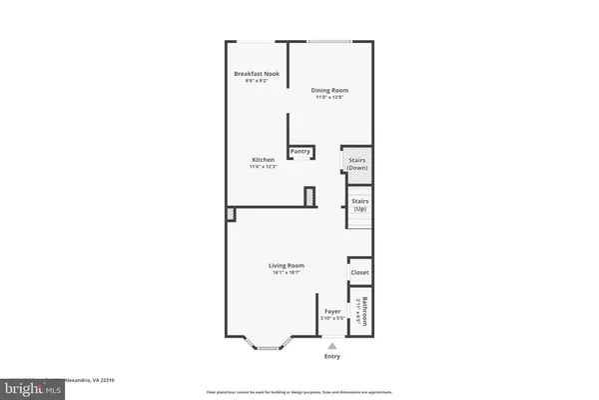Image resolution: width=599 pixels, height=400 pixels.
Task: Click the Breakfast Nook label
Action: pyautogui.click(x=257, y=74)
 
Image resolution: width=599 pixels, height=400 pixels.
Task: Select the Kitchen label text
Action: pyautogui.click(x=263, y=159)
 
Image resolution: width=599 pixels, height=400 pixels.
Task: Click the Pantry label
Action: pyautogui.click(x=300, y=152)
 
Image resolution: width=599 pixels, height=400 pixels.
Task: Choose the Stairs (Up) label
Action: pyautogui.click(x=359, y=204)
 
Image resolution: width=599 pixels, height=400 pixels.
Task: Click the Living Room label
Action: pyautogui.click(x=286, y=265)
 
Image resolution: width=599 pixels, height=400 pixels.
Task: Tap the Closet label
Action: pyautogui.click(x=359, y=272)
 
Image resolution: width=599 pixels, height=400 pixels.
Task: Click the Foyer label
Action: pyautogui.click(x=331, y=311)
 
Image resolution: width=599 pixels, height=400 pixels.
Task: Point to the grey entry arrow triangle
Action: pyautogui.click(x=331, y=346)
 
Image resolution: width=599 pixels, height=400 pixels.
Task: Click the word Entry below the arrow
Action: pyautogui.click(x=331, y=357)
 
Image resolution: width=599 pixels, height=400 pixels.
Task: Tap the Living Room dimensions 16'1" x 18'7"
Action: pyautogui.click(x=286, y=272)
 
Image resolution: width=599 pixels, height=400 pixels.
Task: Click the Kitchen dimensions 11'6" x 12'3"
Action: pyautogui.click(x=263, y=166)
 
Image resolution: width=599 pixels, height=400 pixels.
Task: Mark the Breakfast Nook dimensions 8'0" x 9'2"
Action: pyautogui.click(x=257, y=81)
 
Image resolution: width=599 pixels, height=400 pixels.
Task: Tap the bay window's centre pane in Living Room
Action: pyautogui.click(x=268, y=347)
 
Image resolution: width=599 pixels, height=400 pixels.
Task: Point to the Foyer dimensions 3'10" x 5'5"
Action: pyautogui.click(x=331, y=318)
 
